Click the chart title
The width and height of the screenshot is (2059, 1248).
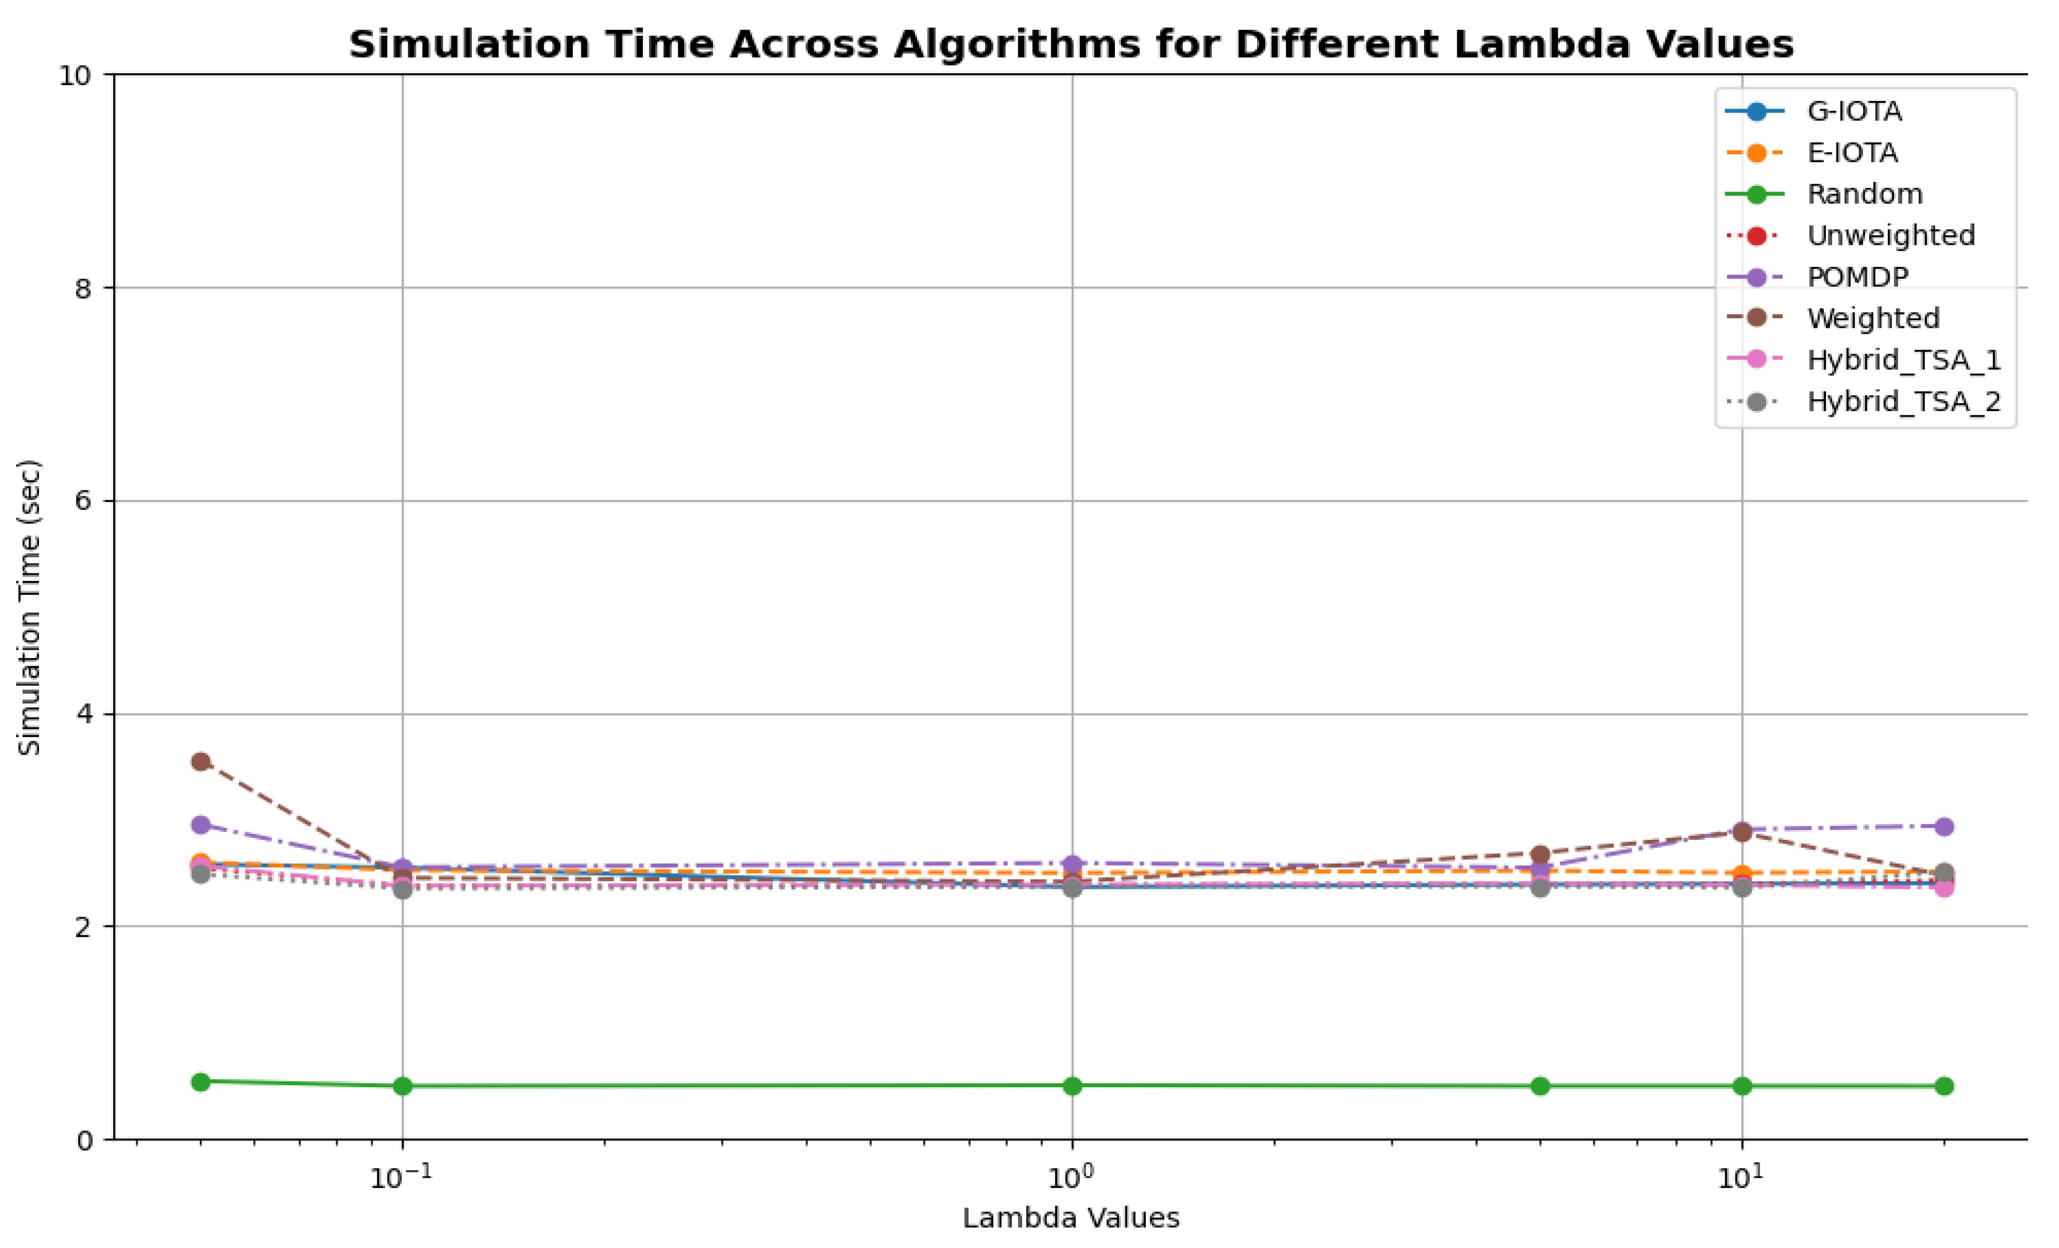pyautogui.click(x=1071, y=44)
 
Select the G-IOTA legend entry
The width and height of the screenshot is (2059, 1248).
pyautogui.click(x=1854, y=111)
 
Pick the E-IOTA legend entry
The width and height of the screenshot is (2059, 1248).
pyautogui.click(x=1852, y=153)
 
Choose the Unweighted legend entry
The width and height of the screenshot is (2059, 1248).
pyautogui.click(x=1890, y=236)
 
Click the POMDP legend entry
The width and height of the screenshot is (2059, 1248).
pyautogui.click(x=1857, y=277)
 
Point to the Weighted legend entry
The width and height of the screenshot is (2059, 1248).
pyautogui.click(x=1872, y=318)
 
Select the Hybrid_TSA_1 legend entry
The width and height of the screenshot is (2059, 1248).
pyautogui.click(x=1903, y=359)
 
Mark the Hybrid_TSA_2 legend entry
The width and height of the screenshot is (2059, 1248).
pyautogui.click(x=1903, y=401)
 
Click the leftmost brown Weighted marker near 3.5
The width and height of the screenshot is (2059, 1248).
pyautogui.click(x=201, y=762)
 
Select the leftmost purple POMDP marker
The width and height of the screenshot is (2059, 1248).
pyautogui.click(x=201, y=825)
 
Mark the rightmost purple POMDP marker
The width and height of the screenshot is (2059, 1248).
pyautogui.click(x=1944, y=827)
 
